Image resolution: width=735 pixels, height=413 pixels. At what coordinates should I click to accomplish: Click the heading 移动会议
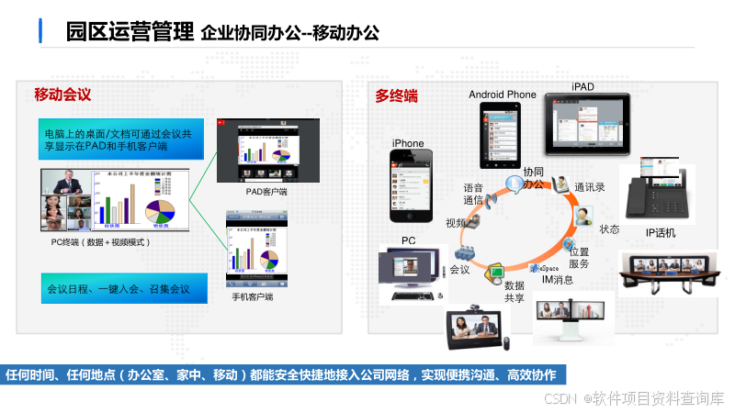click(x=62, y=95)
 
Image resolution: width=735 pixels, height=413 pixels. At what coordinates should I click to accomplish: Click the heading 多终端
click(x=396, y=95)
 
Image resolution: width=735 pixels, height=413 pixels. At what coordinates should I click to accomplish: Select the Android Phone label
click(x=502, y=95)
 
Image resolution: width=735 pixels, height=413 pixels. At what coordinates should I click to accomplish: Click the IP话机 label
click(x=660, y=233)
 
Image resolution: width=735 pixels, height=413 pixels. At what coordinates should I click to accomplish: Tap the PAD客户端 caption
click(x=266, y=192)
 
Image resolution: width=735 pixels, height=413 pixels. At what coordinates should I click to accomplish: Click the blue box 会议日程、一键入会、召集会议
click(x=119, y=289)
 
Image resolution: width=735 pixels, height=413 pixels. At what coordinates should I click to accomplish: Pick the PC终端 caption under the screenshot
click(x=101, y=242)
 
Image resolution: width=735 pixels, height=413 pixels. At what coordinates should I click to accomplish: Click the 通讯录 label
click(x=589, y=187)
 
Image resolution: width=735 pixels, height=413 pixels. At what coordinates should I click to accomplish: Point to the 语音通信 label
click(x=473, y=194)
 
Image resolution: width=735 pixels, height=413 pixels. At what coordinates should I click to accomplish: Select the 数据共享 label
click(x=514, y=291)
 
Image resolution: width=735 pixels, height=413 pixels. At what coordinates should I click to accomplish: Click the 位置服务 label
click(x=579, y=257)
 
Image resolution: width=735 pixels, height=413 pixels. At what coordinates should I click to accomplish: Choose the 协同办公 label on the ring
click(x=534, y=178)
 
